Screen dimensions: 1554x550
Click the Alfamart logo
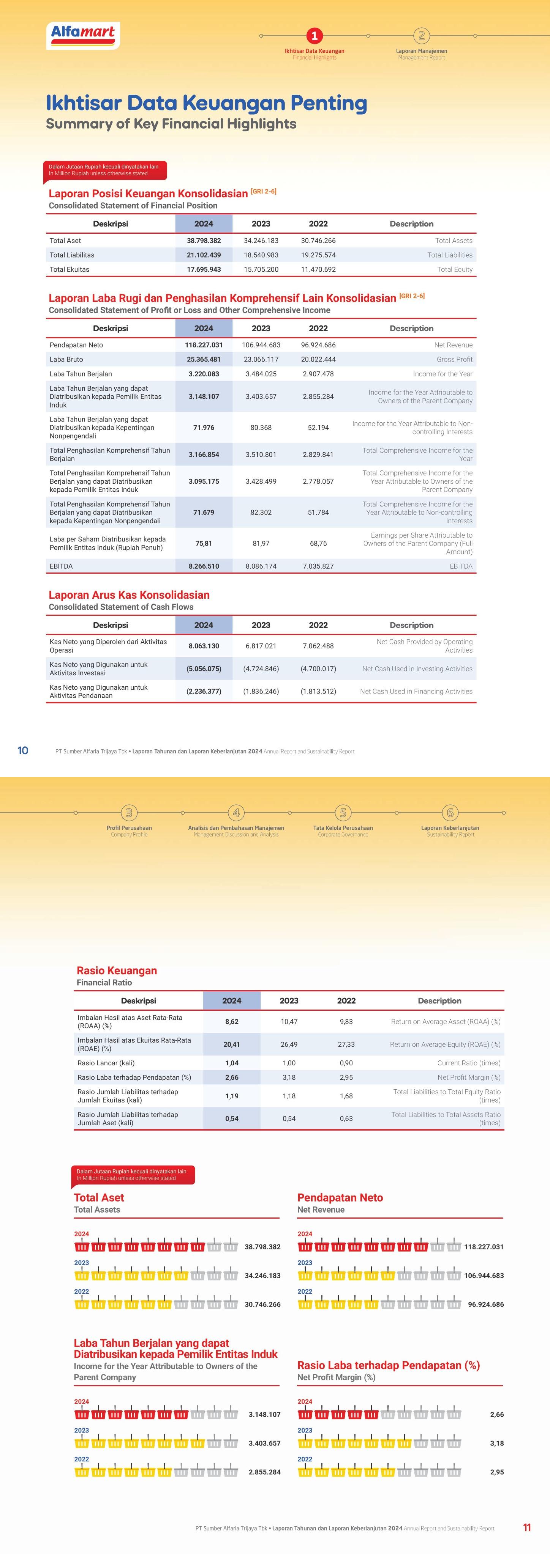[83, 35]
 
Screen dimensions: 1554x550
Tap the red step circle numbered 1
[314, 36]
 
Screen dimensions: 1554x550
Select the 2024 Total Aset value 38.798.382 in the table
[204, 241]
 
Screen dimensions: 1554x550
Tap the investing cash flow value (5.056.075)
[204, 669]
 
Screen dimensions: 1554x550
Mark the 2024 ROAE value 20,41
[231, 1044]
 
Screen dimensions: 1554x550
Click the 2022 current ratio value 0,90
[346, 1063]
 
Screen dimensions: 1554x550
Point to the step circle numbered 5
[343, 813]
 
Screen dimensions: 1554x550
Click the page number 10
[23, 750]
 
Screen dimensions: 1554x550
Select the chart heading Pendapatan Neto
[340, 1197]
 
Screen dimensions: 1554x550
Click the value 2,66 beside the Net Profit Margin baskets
[496, 1415]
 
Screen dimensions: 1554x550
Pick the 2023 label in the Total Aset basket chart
[82, 1263]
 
